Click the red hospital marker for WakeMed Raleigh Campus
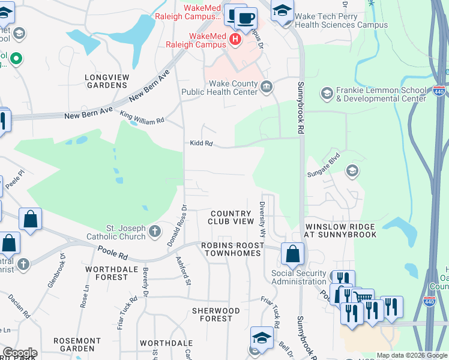[x=235, y=40]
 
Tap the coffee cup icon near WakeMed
[x=245, y=18]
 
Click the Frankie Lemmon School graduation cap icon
[x=327, y=93]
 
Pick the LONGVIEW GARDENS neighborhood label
[x=106, y=81]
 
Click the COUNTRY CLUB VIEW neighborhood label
[x=232, y=217]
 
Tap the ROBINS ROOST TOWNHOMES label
[x=232, y=249]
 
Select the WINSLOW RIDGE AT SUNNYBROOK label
[x=340, y=230]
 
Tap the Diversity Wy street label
[x=262, y=219]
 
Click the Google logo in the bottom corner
[x=19, y=353]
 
